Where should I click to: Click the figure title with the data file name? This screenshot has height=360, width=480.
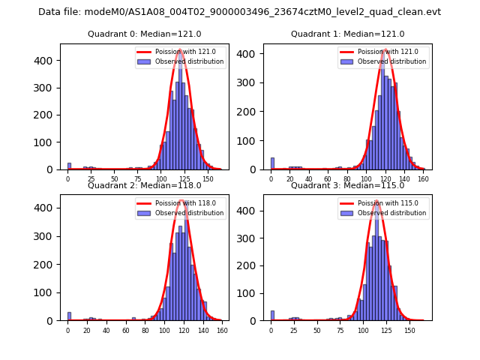pos(239,12)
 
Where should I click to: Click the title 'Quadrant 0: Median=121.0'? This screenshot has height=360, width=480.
pos(144,34)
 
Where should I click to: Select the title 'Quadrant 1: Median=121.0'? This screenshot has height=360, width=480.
pos(347,34)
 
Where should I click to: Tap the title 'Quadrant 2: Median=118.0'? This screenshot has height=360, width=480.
pos(144,185)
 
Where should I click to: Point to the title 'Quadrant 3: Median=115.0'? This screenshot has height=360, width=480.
pos(347,185)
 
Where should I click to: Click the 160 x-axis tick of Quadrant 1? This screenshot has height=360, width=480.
pos(423,178)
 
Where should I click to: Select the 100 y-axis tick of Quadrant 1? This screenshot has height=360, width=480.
pos(253,141)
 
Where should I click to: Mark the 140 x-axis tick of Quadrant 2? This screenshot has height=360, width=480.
pos(202,330)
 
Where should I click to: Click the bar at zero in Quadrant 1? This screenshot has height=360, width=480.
pos(272,163)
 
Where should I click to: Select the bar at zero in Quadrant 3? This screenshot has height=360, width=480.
pos(272,316)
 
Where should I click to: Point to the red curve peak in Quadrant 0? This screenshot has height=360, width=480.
pos(180,51)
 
